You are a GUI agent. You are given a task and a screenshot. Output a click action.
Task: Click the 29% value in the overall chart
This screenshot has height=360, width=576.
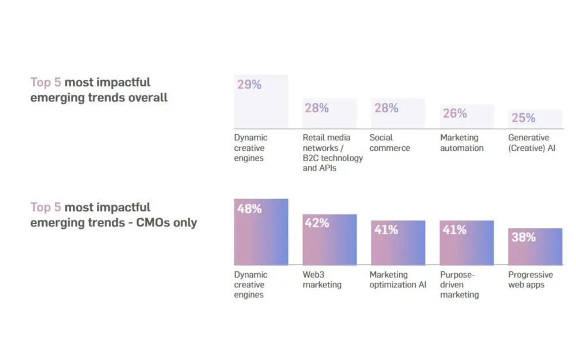[249, 85]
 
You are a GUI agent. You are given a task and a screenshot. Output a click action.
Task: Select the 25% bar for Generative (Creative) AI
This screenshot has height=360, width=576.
[535, 119]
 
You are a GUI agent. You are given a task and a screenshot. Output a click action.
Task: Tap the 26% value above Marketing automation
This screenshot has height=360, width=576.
[454, 113]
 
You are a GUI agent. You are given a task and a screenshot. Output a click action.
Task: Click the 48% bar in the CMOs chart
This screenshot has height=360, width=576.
[261, 232]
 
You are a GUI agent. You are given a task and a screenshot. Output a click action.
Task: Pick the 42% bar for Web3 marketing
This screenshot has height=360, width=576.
[329, 240]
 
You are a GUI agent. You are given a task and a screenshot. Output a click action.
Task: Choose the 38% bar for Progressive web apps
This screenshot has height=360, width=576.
[535, 247]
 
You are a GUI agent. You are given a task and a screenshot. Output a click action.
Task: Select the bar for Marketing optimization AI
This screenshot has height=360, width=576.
[398, 242]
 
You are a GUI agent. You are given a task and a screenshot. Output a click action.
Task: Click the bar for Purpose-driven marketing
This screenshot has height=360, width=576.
[467, 242]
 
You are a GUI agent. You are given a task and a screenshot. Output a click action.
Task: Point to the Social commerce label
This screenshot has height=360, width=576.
[390, 143]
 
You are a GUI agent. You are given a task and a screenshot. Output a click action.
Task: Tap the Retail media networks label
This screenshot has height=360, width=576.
[332, 153]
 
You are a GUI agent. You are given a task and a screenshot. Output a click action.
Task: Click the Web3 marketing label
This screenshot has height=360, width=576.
[322, 280]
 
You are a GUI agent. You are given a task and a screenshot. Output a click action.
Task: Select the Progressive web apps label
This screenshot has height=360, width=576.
[530, 280]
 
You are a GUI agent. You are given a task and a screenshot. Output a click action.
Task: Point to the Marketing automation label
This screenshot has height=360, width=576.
[462, 143]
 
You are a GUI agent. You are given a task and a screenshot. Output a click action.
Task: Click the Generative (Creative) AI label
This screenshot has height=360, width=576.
[531, 143]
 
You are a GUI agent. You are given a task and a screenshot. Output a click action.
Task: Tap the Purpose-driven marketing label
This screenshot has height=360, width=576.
[460, 285]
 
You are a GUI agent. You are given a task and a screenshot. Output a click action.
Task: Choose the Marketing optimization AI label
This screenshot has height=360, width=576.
[398, 280]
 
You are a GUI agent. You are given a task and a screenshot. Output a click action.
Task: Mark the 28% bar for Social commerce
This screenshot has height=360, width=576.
[398, 113]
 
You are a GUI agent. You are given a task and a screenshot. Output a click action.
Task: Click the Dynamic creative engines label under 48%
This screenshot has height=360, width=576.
[251, 285]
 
